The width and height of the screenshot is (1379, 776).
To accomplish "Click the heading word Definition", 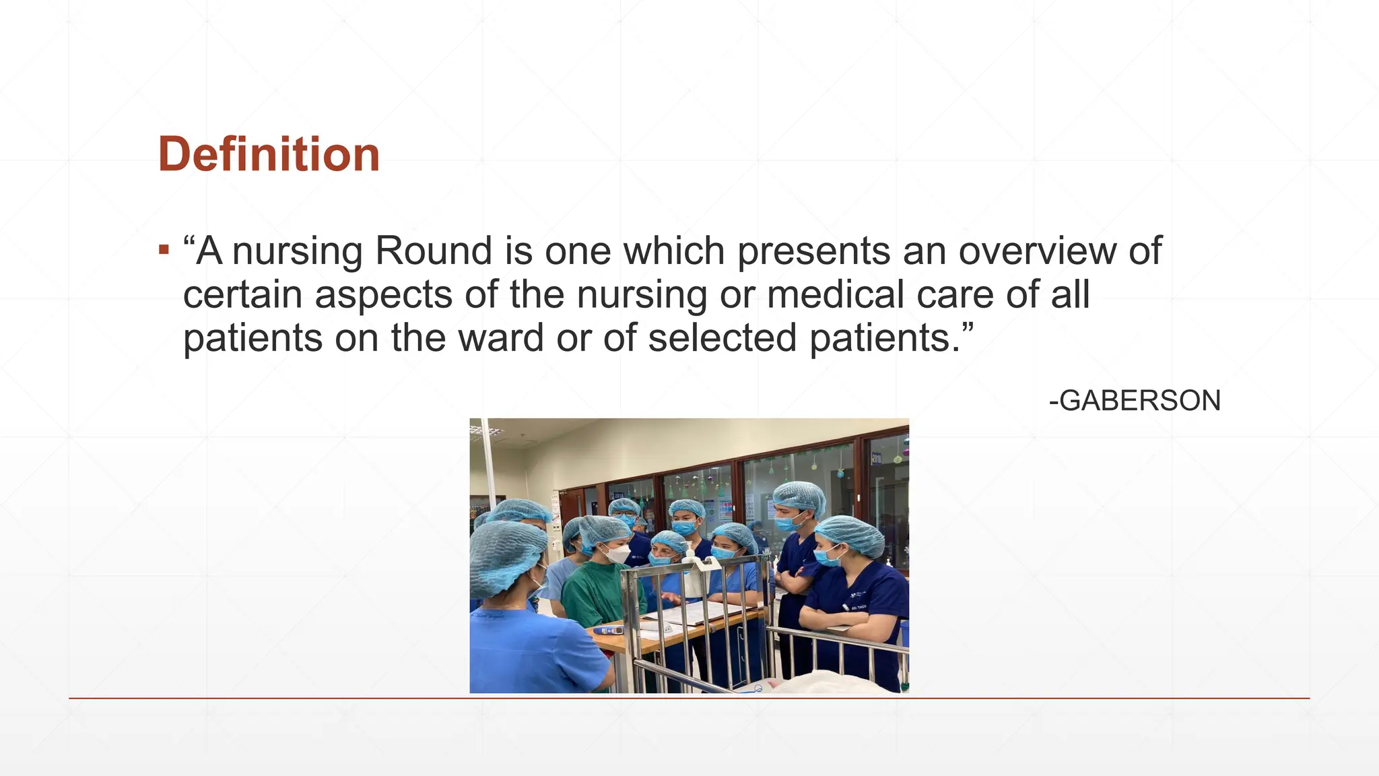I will (x=269, y=154).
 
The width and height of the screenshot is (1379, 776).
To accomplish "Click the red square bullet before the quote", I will (x=164, y=251).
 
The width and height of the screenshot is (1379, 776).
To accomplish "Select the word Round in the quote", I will (x=434, y=251).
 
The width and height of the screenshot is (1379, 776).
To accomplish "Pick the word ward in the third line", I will (x=501, y=337).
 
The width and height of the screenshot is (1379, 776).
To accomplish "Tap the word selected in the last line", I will (x=722, y=337).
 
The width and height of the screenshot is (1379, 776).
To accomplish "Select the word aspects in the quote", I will (x=384, y=294).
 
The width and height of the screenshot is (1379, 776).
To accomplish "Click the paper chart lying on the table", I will (x=694, y=610).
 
